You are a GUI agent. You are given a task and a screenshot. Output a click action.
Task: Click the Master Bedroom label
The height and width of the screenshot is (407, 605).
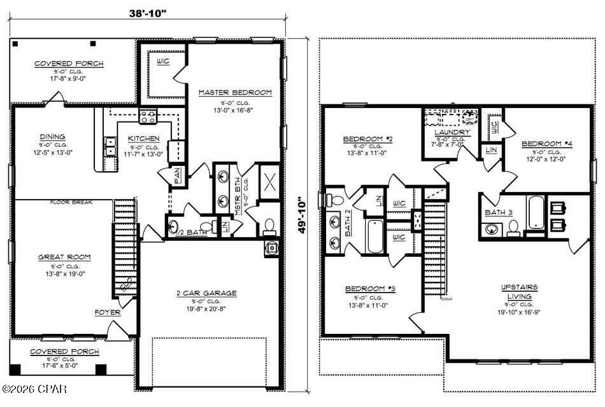click(235, 93)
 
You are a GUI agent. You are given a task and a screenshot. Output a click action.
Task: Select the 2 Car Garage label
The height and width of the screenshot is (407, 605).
click(206, 293)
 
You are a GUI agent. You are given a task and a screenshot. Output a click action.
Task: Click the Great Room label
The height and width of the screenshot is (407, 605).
click(64, 257)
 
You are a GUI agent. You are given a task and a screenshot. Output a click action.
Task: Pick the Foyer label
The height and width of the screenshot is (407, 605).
click(106, 312)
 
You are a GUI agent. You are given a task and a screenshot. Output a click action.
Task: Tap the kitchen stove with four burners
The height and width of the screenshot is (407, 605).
click(148, 116)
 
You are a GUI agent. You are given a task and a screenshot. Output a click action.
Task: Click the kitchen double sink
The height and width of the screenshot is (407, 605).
click(110, 147)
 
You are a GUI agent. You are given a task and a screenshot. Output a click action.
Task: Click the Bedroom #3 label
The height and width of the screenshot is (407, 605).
click(370, 289)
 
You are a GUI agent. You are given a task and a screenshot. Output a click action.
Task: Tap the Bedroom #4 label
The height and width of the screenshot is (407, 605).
click(547, 144)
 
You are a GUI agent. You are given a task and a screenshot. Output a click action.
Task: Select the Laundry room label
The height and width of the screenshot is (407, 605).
click(452, 132)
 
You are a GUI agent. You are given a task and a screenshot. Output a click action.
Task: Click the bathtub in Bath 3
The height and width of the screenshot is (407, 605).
click(534, 213)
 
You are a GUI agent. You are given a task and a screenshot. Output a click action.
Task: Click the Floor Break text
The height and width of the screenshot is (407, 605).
click(72, 203)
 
